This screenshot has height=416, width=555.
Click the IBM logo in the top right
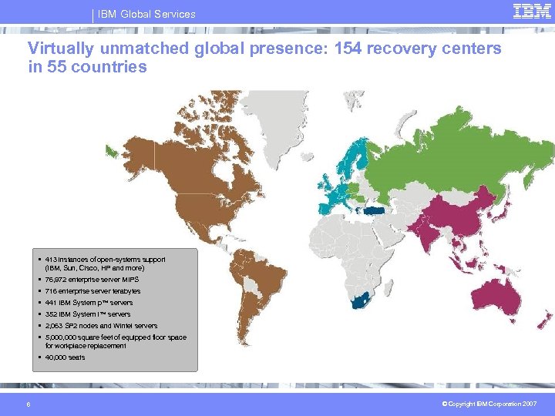coord(531,12)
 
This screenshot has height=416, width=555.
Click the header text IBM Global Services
coord(146,14)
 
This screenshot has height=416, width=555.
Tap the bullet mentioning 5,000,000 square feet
coord(116,341)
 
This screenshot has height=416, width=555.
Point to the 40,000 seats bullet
coord(66,357)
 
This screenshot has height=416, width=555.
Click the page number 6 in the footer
coord(29,404)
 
